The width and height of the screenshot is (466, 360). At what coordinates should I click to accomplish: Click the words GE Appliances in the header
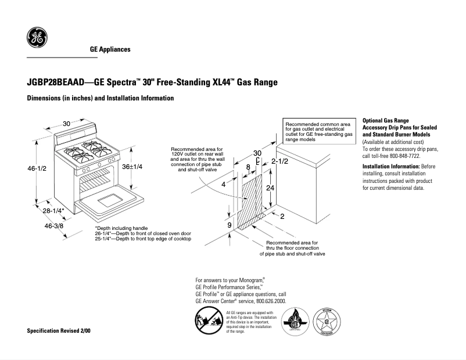(110, 49)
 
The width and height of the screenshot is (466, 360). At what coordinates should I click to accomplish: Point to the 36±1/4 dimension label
(132, 166)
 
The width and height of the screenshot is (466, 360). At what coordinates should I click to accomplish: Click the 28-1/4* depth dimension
(53, 210)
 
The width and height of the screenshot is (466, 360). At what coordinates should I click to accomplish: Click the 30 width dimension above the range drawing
(67, 124)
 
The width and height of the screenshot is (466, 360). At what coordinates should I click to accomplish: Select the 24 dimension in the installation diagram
(270, 189)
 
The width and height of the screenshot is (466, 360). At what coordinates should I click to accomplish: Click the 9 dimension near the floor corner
(229, 225)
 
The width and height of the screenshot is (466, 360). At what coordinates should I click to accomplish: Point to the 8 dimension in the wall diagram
(248, 167)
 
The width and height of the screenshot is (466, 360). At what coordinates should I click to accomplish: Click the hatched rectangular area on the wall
(252, 200)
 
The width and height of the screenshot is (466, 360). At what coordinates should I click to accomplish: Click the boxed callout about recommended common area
(318, 132)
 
